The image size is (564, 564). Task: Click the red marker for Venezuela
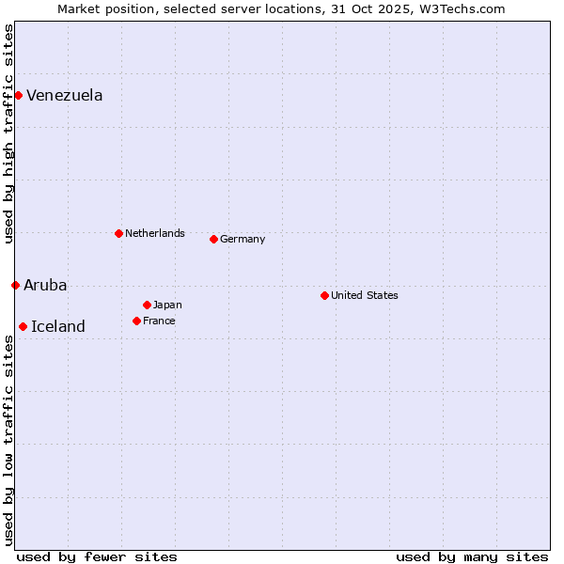[18, 95]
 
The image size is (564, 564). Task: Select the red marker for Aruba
[15, 285]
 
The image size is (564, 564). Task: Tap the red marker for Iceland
[23, 326]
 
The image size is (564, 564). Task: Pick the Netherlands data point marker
[118, 233]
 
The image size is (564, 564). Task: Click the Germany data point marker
[213, 239]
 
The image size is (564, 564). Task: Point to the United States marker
[324, 295]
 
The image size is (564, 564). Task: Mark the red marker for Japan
[147, 305]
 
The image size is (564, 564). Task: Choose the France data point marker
[136, 321]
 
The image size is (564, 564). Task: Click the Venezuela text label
[65, 95]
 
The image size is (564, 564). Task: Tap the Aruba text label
[45, 285]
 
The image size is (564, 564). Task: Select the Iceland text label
[58, 326]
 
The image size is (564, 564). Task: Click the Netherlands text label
[155, 233]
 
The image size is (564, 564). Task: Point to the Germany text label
[243, 239]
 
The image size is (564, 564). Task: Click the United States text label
[365, 295]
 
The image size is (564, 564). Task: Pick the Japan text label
[167, 305]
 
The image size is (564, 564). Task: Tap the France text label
[159, 321]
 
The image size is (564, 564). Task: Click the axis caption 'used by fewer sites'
[97, 556]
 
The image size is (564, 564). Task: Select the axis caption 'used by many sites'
[472, 556]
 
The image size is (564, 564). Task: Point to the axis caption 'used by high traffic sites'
[8, 133]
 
